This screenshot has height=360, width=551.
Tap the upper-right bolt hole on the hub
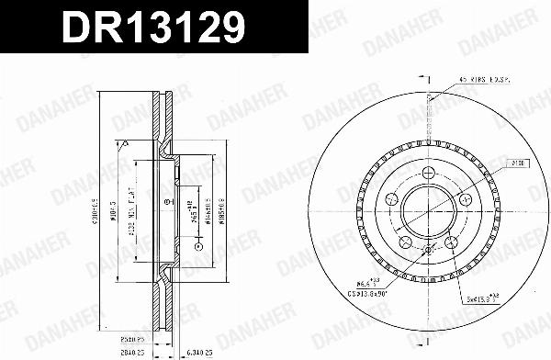click(465, 199)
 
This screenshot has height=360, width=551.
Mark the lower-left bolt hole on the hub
click(405, 242)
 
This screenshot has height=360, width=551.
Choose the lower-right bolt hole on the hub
click(452, 242)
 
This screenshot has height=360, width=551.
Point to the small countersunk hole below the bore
click(429, 250)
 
